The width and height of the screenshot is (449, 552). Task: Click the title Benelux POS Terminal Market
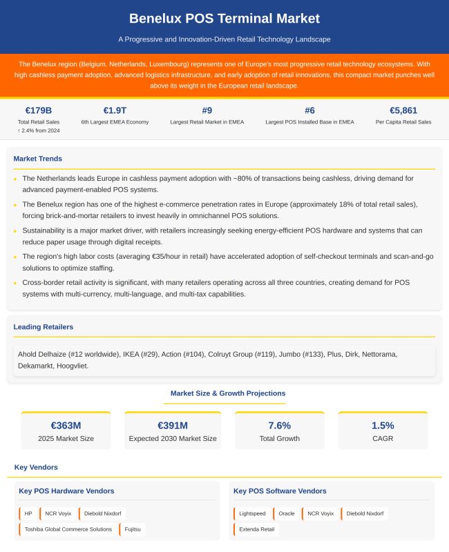tap(224, 18)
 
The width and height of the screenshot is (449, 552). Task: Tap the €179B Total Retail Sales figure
tap(39, 110)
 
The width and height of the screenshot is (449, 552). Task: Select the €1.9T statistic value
tap(114, 110)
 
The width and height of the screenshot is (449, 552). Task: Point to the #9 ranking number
tap(207, 110)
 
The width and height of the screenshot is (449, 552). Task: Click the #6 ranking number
tap(309, 110)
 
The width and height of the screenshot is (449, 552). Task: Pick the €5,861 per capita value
tap(403, 110)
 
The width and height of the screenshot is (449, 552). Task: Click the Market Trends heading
tap(37, 159)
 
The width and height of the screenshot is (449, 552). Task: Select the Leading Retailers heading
tap(43, 326)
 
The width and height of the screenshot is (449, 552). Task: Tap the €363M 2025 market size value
tap(66, 425)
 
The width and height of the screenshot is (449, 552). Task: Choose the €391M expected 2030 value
tap(173, 425)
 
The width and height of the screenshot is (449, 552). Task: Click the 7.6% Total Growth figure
tap(279, 425)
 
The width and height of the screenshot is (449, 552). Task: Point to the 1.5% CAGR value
tap(383, 425)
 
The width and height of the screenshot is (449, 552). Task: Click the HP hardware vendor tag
tap(28, 513)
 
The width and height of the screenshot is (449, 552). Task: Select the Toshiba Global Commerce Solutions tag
tap(68, 529)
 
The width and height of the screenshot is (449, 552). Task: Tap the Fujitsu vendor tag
tap(131, 529)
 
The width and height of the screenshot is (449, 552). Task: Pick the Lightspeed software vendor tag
tap(251, 513)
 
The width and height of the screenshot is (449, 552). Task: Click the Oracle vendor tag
tap(286, 513)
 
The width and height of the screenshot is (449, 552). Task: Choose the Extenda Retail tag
tap(256, 529)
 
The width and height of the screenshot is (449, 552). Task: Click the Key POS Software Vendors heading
tap(280, 491)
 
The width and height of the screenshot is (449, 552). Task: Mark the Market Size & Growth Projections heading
tap(227, 393)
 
